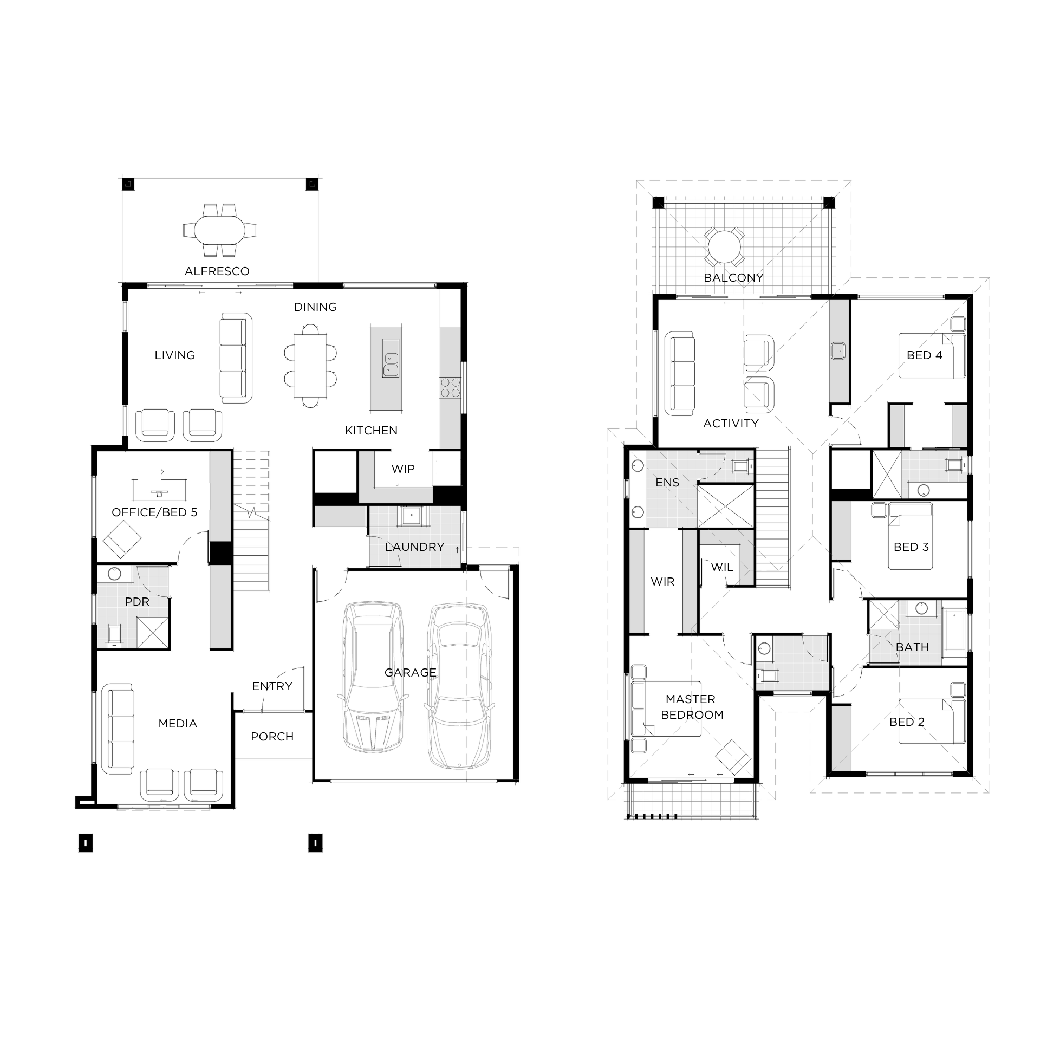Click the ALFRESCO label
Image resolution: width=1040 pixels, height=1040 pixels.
point(217,271)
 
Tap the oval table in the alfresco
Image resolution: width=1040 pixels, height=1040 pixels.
point(220,230)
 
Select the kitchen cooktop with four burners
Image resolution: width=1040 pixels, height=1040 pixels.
point(450,387)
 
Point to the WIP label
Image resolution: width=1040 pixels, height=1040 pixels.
point(403,469)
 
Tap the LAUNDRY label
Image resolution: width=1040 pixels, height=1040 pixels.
point(414,547)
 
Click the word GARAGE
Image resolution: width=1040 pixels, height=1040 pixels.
point(410,673)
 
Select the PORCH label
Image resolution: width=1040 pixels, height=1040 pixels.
point(272,737)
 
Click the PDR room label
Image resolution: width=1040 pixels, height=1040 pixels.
point(137,602)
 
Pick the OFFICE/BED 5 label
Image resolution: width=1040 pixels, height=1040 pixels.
point(154,512)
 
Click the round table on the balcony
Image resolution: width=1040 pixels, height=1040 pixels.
point(724,247)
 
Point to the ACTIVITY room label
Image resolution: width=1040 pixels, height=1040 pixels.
point(731,424)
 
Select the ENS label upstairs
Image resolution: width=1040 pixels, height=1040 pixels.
point(667,483)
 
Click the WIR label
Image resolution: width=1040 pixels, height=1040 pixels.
point(662,582)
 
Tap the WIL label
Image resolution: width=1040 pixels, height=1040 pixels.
point(722,567)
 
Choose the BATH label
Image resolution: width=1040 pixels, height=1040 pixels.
point(912,647)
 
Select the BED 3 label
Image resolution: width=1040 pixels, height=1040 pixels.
point(911,547)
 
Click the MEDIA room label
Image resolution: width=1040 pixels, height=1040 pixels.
point(178,724)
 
